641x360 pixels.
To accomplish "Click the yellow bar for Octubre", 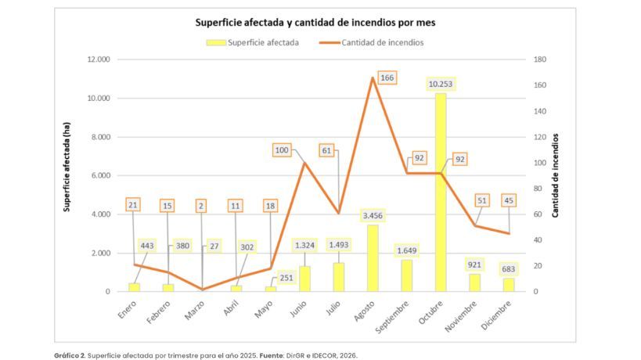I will coord(441,193).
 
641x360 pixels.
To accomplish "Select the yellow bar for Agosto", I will coord(373,258).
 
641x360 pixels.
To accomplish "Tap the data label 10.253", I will coord(441,84).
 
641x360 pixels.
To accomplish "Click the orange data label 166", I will coord(387,77).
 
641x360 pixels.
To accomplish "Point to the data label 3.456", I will coord(373,215).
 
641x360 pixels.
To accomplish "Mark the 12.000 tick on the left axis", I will coord(99,59).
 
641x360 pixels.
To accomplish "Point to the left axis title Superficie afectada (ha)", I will coord(68,167).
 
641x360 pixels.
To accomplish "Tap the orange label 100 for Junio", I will coord(283,149).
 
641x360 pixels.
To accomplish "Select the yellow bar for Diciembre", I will coord(509,285).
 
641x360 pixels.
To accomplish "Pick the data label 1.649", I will coord(406,250).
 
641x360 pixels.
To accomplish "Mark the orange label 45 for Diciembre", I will coord(509,200).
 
